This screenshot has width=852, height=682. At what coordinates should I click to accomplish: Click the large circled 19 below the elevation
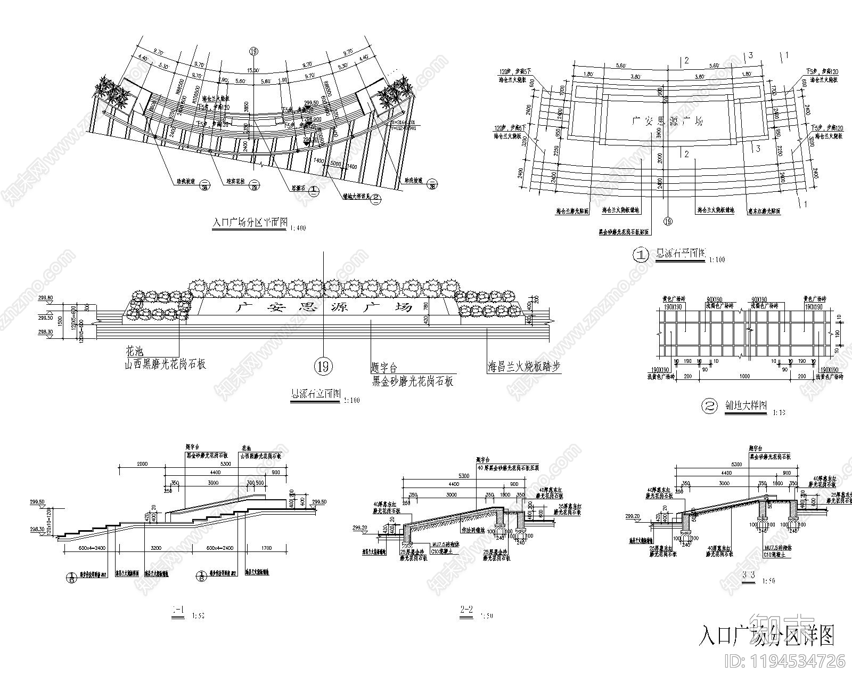(x=323, y=367)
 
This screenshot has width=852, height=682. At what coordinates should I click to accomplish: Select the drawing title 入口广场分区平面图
(x=250, y=222)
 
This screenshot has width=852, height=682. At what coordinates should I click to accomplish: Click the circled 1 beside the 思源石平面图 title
(x=639, y=255)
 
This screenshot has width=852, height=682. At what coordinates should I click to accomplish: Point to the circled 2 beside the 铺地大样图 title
(x=709, y=407)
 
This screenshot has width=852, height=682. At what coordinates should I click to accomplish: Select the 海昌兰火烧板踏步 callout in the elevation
(x=525, y=367)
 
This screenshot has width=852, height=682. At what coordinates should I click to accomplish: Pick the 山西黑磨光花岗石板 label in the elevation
(x=165, y=364)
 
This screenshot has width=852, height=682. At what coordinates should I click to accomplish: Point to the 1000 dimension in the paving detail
(x=744, y=376)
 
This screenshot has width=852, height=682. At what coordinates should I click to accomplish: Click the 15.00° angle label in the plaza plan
(x=253, y=70)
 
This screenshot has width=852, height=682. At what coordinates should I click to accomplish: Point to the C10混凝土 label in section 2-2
(x=431, y=553)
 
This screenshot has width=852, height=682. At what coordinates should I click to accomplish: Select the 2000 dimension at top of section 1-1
(x=142, y=464)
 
